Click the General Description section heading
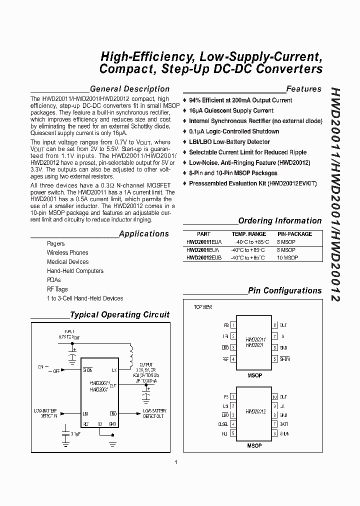tap(129, 89)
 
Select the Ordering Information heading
tap(279, 220)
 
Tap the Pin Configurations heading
tap(284, 290)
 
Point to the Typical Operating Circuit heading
tap(119, 315)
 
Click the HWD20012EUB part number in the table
tap(204, 257)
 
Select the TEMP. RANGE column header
tap(248, 234)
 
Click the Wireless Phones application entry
tap(67, 253)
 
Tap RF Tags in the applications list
tap(57, 289)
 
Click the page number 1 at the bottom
tap(176, 461)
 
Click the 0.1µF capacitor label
tap(76, 433)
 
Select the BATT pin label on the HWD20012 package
tap(284, 424)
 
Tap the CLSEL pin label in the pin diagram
tap(223, 424)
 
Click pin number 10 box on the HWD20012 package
tap(274, 397)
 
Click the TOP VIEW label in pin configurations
tap(203, 307)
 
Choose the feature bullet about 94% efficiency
tap(240, 100)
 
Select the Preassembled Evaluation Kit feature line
tap(252, 183)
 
